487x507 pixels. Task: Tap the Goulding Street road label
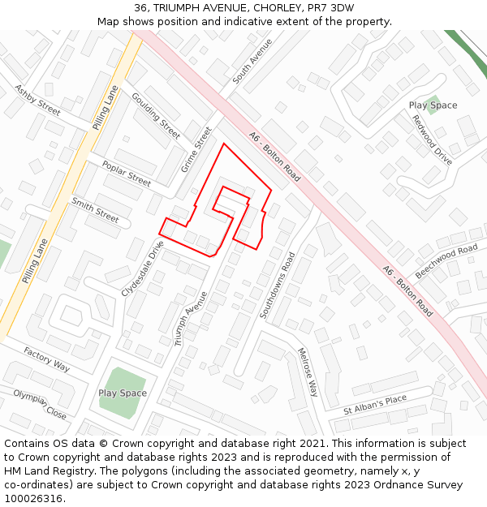[156, 116]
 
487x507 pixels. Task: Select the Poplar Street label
[126, 174]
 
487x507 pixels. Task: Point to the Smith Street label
[95, 210]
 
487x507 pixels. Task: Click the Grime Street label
[196, 149]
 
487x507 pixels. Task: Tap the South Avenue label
[252, 61]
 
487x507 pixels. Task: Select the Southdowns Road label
[277, 285]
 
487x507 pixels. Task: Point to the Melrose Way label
[308, 372]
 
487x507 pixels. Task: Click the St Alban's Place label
[374, 405]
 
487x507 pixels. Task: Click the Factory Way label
[46, 359]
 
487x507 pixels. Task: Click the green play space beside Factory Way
[122, 393]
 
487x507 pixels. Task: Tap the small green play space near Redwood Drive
[433, 105]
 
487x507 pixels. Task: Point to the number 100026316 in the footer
[33, 498]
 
